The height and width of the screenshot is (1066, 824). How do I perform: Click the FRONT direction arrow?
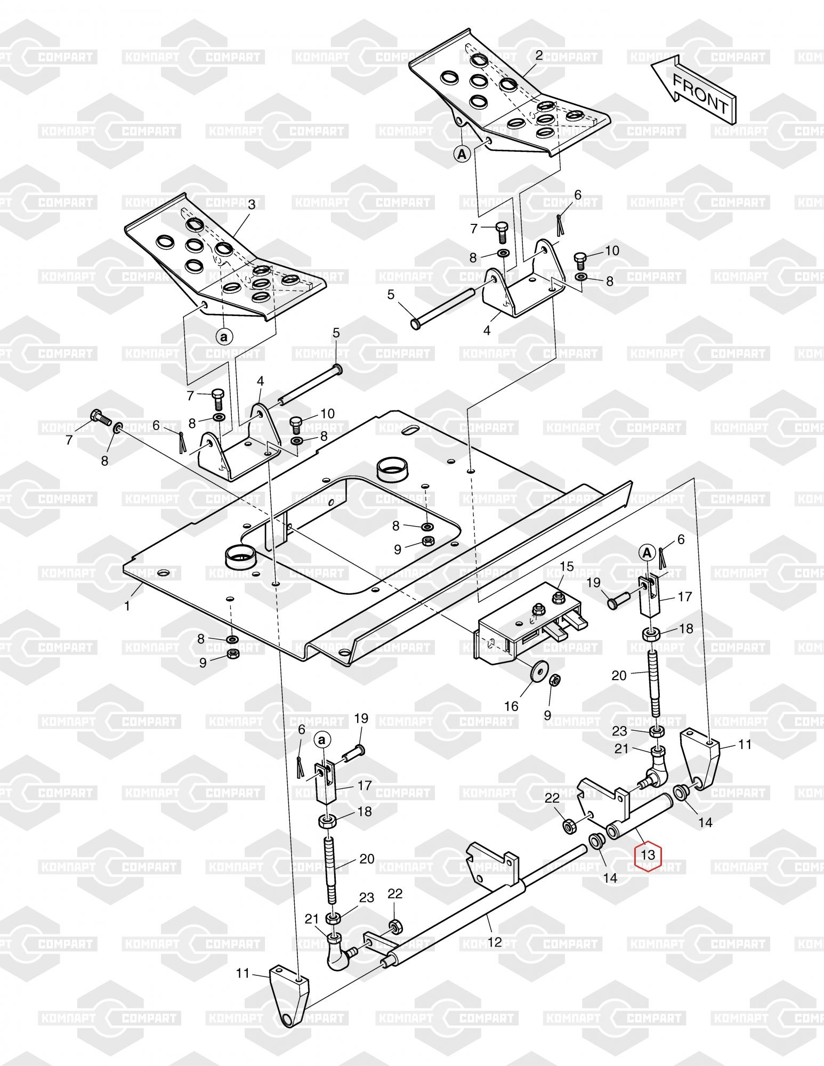pyautogui.click(x=693, y=90)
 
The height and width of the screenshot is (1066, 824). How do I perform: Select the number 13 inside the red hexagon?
pyautogui.click(x=648, y=870)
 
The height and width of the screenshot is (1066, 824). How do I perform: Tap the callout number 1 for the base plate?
pyautogui.click(x=127, y=606)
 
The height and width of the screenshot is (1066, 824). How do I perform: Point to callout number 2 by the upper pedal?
pyautogui.click(x=539, y=55)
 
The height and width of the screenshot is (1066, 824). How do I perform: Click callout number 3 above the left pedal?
pyautogui.click(x=252, y=204)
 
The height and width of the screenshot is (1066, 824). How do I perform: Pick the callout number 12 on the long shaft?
pyautogui.click(x=495, y=942)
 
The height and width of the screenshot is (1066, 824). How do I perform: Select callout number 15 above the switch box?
pyautogui.click(x=567, y=567)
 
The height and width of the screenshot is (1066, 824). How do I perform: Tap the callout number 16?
pyautogui.click(x=511, y=706)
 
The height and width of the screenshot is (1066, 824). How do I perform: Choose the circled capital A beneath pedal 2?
pyautogui.click(x=462, y=155)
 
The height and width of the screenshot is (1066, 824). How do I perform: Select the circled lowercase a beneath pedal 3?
pyautogui.click(x=224, y=337)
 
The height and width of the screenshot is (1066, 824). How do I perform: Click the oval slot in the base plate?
pyautogui.click(x=411, y=430)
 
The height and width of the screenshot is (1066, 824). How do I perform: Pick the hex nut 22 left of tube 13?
pyautogui.click(x=568, y=842)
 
